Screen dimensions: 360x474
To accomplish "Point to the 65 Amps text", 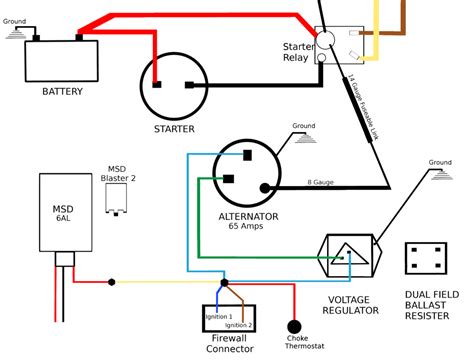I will point(247,227).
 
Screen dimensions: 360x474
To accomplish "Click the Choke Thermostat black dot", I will point(294,326).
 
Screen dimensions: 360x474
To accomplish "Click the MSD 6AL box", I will point(61,211).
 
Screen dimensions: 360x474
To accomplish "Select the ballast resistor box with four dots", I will point(429,258).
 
